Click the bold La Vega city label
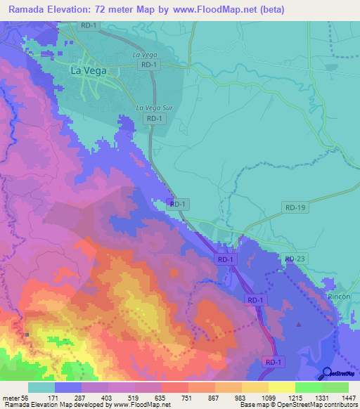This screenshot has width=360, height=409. pos(88,70)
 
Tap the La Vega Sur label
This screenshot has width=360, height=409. pos(154,108)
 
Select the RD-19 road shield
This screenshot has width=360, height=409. pos(296,207)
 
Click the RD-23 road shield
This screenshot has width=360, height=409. pos(296,259)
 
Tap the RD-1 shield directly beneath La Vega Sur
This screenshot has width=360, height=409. pos(156,119)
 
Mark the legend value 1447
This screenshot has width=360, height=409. pos(349,398)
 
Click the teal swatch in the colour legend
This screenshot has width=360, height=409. pos(41,387)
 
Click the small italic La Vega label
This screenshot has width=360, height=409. pos(143,53)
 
